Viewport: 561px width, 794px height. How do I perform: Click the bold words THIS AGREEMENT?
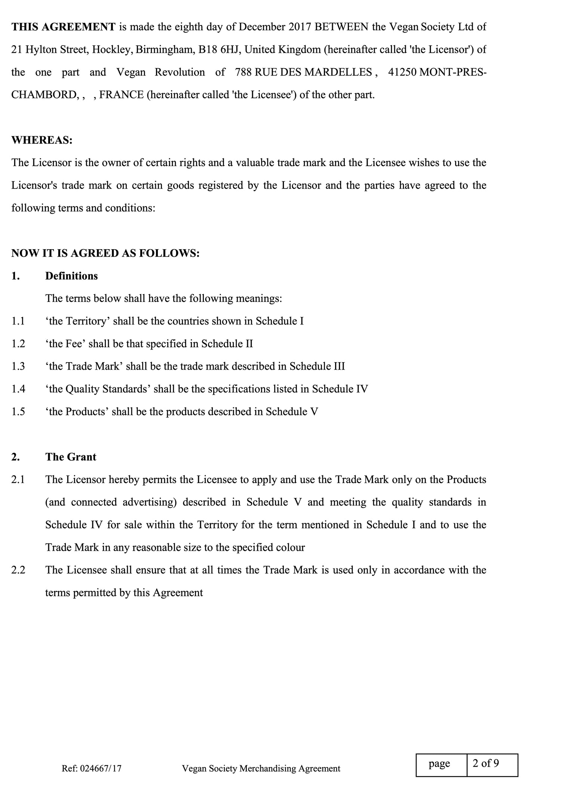coord(63,27)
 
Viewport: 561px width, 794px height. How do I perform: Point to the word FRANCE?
coord(122,95)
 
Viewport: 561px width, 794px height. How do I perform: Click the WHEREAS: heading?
coord(42,140)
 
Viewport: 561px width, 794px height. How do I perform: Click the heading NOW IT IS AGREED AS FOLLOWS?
coord(105,253)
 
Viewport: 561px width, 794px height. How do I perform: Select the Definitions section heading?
coord(71,276)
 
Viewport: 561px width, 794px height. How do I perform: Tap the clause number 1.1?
coord(18,321)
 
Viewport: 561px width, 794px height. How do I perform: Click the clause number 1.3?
coord(18,366)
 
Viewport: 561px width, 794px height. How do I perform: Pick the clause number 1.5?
coord(18,412)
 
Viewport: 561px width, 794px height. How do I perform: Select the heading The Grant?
coord(71,457)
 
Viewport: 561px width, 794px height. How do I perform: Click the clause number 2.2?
coord(18,570)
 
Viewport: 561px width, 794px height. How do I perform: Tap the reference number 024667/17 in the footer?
coord(101,769)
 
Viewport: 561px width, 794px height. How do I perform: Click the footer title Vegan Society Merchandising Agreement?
coord(261,769)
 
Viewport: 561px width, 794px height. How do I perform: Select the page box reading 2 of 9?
coord(492,763)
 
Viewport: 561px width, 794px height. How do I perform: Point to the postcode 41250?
coord(402,72)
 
